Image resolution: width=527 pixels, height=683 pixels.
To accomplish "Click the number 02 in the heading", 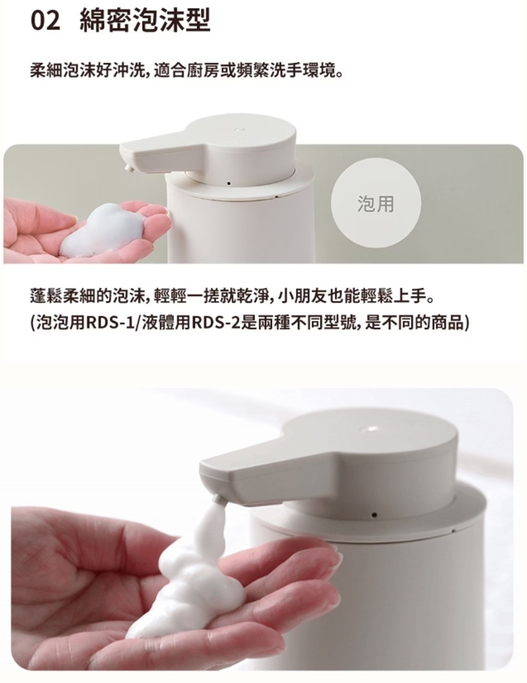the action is tap(45, 21).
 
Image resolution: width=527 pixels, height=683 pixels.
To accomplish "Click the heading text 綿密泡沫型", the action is tap(145, 21).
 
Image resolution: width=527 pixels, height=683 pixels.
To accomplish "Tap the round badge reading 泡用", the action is tap(376, 203).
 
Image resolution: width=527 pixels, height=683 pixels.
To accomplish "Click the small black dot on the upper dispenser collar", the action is tap(229, 183).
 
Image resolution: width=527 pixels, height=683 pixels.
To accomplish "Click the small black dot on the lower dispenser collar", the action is tap(374, 514).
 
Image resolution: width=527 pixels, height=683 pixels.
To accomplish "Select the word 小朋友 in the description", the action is tap(301, 296).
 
